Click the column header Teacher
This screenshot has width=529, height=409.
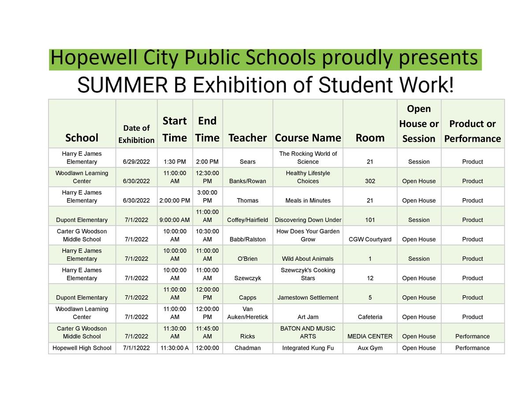tap(247, 138)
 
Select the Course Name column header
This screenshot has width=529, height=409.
tap(308, 138)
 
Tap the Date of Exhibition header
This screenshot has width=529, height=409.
tap(136, 134)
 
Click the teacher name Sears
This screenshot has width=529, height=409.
tap(247, 162)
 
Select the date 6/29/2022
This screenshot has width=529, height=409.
tap(136, 162)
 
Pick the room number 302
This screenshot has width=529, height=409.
tap(370, 181)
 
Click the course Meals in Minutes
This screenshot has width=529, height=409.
tap(308, 201)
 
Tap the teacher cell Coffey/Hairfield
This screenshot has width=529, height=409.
tap(247, 220)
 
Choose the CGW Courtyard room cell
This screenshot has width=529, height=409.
tap(370, 240)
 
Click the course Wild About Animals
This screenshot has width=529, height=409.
tap(308, 259)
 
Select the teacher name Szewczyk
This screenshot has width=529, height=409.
tap(247, 278)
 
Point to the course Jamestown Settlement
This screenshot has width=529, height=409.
tap(308, 298)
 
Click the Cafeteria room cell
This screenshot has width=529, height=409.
tap(370, 317)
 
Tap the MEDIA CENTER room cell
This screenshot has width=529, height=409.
tap(370, 337)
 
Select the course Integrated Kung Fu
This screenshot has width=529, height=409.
tap(308, 348)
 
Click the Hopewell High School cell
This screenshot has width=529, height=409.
tap(82, 348)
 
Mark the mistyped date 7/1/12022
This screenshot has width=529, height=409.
tap(136, 348)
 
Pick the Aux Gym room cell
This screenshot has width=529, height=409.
tap(370, 348)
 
